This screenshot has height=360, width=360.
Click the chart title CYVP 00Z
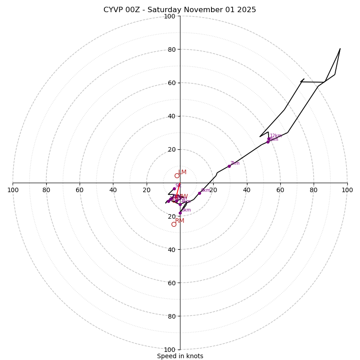180,10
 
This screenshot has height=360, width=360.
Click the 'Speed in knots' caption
180,356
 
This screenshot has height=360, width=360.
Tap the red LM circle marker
177,176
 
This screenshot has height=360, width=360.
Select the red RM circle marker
174,224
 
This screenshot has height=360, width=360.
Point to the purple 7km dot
229,166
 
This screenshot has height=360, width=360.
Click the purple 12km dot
269,139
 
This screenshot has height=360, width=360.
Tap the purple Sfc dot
174,189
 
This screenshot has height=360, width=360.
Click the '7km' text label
235,163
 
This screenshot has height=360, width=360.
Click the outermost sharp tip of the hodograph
340,49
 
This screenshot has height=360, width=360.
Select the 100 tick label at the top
170,17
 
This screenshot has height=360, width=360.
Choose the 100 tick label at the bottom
170,350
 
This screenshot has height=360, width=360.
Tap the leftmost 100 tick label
13,190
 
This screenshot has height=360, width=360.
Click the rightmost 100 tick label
347,190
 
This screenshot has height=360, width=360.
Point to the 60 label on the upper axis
171,83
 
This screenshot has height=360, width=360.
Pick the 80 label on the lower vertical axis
171,316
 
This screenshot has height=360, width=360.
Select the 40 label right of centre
247,190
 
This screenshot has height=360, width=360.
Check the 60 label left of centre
80,190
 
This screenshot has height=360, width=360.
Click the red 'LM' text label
182,172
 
